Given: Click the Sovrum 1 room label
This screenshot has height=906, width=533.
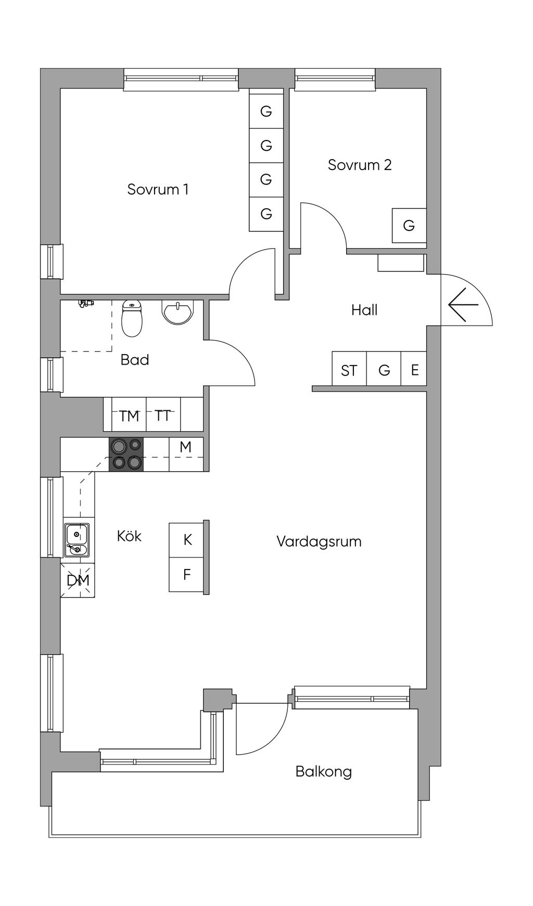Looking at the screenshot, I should (x=158, y=189).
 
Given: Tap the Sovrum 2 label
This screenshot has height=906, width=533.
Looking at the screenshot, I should (x=359, y=165).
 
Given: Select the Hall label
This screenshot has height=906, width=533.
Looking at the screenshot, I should (x=364, y=310).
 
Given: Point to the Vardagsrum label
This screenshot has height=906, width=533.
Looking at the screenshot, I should (x=319, y=541).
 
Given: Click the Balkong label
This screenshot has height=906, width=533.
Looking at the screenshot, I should (x=323, y=771).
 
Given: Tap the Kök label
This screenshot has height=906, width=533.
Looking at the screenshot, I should (x=129, y=536).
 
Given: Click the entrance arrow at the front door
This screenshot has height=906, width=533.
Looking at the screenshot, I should (x=463, y=305).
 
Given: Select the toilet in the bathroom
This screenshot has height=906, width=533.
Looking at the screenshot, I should (x=132, y=318).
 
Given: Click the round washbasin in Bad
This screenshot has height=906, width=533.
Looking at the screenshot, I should (x=177, y=313).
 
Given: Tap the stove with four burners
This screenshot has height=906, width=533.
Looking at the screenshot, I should (x=126, y=454).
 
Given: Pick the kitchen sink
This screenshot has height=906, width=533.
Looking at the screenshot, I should (x=77, y=540).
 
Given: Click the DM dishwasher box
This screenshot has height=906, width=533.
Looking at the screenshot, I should (x=78, y=580).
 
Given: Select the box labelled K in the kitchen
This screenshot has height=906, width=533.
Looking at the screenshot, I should (x=187, y=540).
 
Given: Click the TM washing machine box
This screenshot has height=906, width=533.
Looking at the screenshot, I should (x=129, y=416).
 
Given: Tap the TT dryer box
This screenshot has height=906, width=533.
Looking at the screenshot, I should (x=163, y=416).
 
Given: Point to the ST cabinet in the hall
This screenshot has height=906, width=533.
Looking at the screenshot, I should (x=349, y=370).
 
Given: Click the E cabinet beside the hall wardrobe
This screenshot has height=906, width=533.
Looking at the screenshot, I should (x=414, y=370).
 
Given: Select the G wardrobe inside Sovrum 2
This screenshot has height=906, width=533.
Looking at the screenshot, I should (x=409, y=226).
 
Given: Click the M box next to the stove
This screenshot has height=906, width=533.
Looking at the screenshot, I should (x=186, y=447).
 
